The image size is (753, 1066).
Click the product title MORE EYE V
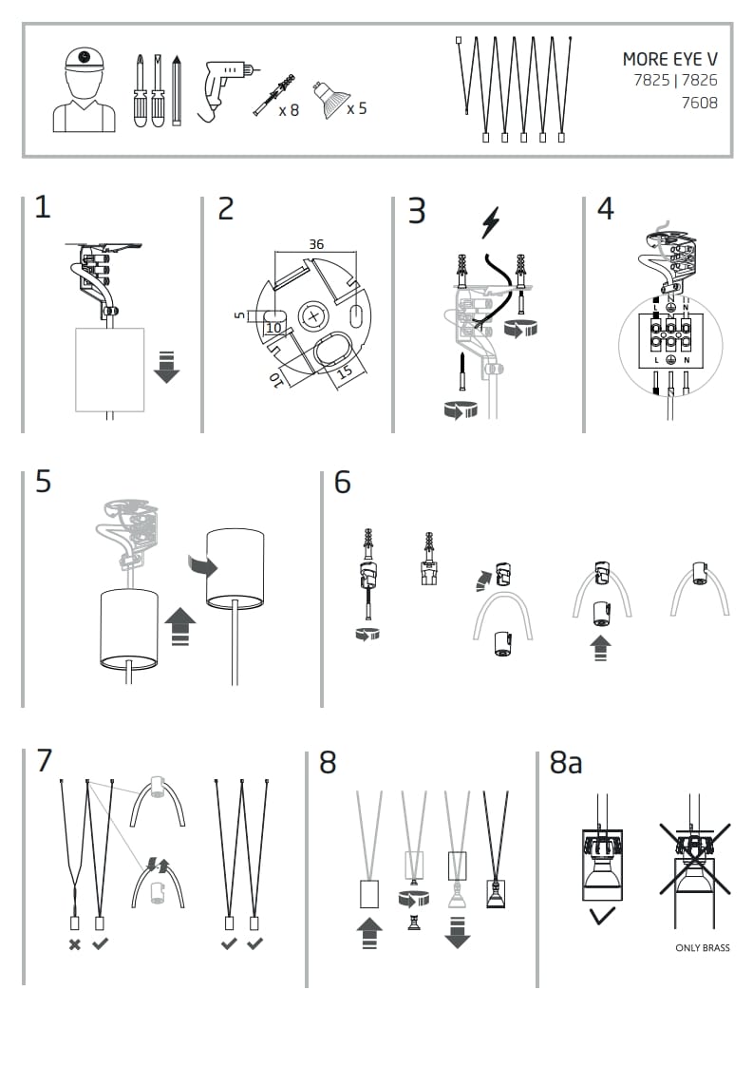pyautogui.click(x=669, y=59)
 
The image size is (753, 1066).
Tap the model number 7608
pyautogui.click(x=700, y=103)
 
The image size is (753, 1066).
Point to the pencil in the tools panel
pyautogui.click(x=177, y=92)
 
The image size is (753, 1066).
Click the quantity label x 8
pyautogui.click(x=289, y=110)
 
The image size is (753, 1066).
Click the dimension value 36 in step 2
pyautogui.click(x=316, y=244)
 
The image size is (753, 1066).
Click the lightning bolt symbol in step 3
pyautogui.click(x=491, y=224)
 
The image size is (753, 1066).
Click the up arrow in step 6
pyautogui.click(x=599, y=648)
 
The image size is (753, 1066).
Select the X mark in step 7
pyautogui.click(x=74, y=943)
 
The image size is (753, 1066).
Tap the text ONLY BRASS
pyautogui.click(x=703, y=947)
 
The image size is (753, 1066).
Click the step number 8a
pyautogui.click(x=566, y=763)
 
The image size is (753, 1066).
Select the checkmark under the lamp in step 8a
pyautogui.click(x=601, y=916)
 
